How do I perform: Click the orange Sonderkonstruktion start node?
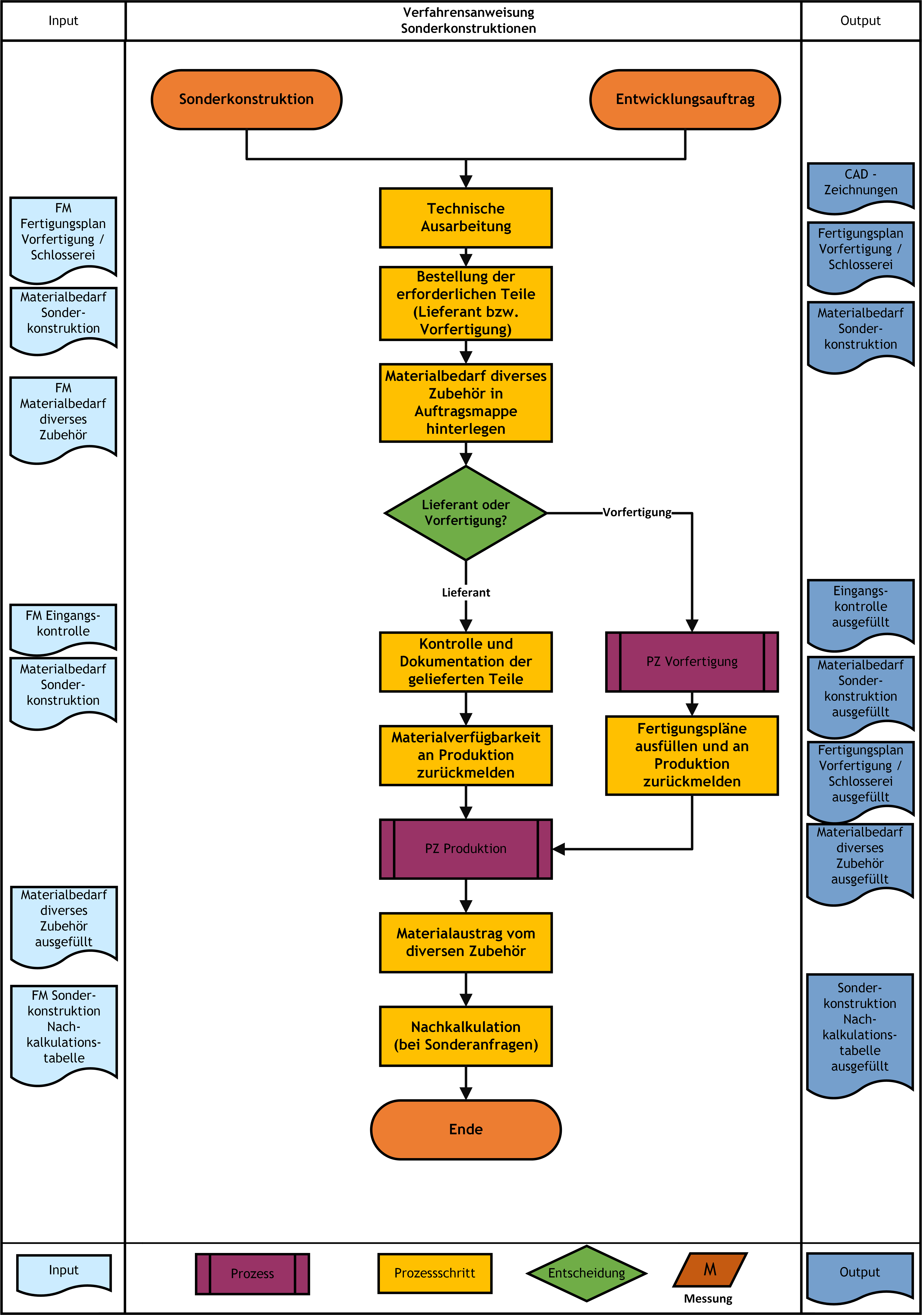pyautogui.click(x=246, y=100)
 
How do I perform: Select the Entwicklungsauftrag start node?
pyautogui.click(x=685, y=100)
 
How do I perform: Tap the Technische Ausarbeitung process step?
pyautogui.click(x=466, y=218)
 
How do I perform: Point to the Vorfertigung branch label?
pyautogui.click(x=637, y=512)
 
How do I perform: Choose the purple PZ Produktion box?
pyautogui.click(x=466, y=849)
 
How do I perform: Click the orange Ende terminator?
pyautogui.click(x=466, y=1129)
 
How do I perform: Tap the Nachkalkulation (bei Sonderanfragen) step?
pyautogui.click(x=466, y=1036)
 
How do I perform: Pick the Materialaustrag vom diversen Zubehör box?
pyautogui.click(x=466, y=943)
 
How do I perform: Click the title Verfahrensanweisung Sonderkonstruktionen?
pyautogui.click(x=469, y=20)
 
